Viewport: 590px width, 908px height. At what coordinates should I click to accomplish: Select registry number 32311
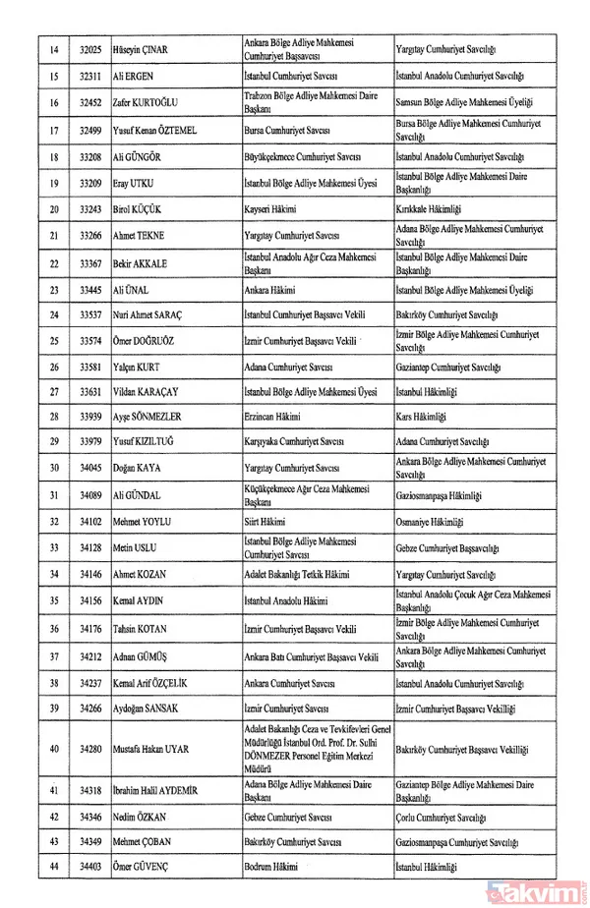point(90,75)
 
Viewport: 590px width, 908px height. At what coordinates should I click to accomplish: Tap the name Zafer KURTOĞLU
point(150,101)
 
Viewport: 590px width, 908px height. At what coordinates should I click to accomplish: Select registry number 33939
point(90,417)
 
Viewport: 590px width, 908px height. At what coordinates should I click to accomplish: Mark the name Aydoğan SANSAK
point(149,708)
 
